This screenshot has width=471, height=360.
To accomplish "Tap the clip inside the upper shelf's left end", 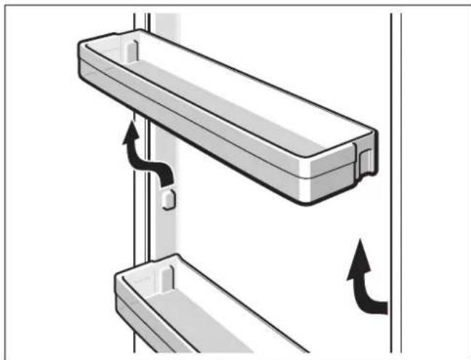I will click(130, 50).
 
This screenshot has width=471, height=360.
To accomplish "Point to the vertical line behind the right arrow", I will click(393, 218).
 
